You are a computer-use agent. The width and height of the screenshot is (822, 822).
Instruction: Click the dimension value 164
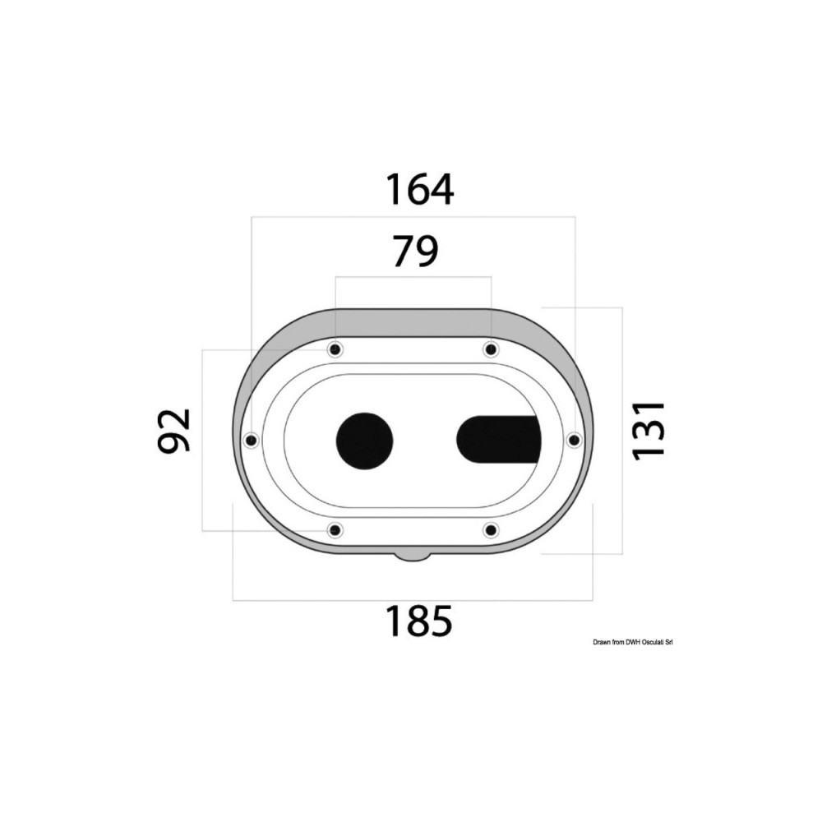point(419,189)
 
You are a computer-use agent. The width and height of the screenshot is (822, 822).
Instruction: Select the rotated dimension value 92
point(173,430)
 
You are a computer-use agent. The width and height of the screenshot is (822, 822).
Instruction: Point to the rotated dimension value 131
point(649,431)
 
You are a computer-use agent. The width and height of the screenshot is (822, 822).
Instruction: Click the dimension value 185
point(419,621)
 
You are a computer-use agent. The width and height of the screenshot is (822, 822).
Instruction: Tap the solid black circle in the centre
point(364,441)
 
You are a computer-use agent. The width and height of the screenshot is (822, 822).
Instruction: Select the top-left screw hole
point(335,349)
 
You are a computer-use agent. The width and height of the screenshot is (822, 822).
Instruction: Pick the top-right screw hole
point(491,349)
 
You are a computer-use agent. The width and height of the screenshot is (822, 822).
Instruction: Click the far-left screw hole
point(251,439)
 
